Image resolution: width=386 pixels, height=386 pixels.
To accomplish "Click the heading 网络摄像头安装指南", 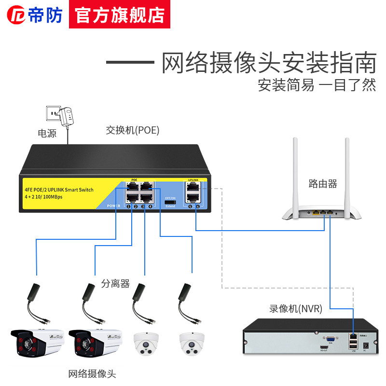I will point(268,63).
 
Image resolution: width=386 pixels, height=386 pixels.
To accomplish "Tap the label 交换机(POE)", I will point(133,130).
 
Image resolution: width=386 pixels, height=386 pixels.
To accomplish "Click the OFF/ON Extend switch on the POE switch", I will point(170,202).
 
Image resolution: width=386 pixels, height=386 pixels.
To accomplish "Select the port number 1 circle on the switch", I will point(129,207).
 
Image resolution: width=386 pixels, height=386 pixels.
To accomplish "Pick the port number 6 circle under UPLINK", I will point(197,207).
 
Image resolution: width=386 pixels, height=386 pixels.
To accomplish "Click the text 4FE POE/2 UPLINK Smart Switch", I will point(59,190).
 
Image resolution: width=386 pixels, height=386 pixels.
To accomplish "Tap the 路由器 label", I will point(323,184).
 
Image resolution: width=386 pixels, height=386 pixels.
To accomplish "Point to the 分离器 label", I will point(116,284).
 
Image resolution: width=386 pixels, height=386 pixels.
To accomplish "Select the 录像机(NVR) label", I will point(296,309).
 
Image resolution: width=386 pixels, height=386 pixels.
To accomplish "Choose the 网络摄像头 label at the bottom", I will point(92,373).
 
